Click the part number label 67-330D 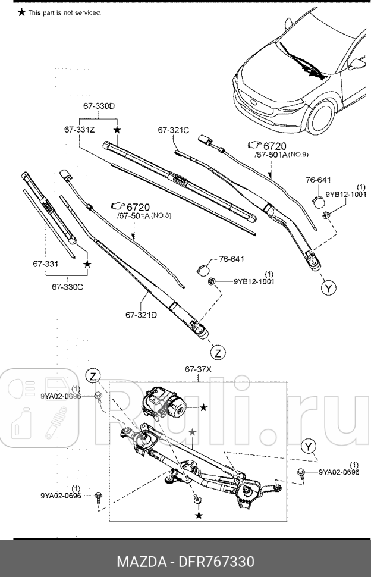(99, 106)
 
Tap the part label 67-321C (173, 130)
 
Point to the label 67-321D (141, 315)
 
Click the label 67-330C (67, 287)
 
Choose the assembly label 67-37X (199, 369)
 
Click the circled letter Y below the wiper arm (328, 288)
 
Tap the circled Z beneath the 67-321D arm (218, 353)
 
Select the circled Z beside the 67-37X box (92, 375)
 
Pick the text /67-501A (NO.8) (144, 215)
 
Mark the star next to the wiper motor (203, 407)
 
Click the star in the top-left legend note (21, 12)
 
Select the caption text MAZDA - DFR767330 (185, 562)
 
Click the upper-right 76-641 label (318, 180)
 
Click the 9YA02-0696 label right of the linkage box (339, 472)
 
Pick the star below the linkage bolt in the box (199, 515)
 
